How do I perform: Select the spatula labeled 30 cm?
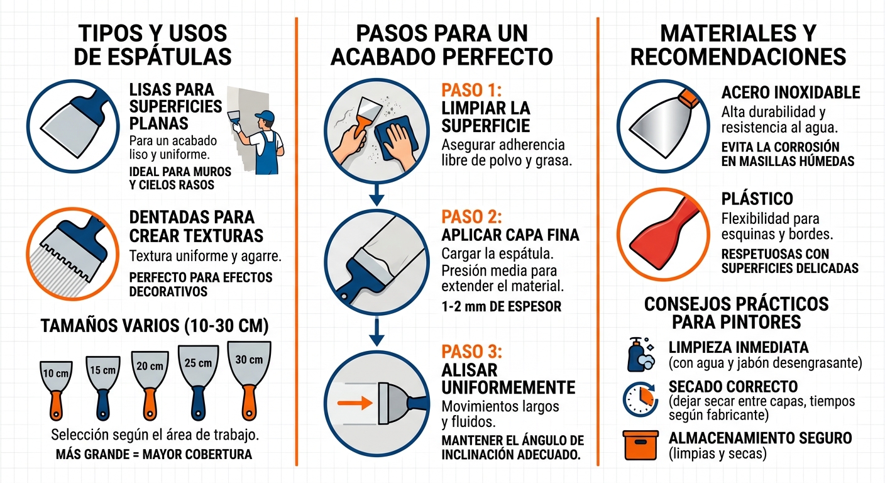pyautogui.click(x=249, y=377)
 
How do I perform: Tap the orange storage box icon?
pyautogui.click(x=640, y=445)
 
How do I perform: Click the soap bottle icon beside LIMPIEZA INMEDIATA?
pyautogui.click(x=639, y=355)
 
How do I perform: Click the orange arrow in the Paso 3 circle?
pyautogui.click(x=353, y=403)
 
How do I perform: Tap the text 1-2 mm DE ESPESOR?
pyautogui.click(x=501, y=307)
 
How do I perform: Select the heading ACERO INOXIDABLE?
pyautogui.click(x=790, y=93)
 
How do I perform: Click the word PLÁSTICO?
pyautogui.click(x=757, y=199)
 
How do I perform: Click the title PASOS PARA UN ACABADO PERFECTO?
pyautogui.click(x=441, y=45)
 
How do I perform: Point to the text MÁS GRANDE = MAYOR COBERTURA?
pyautogui.click(x=153, y=454)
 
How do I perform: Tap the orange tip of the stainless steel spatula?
pyautogui.click(x=690, y=96)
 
